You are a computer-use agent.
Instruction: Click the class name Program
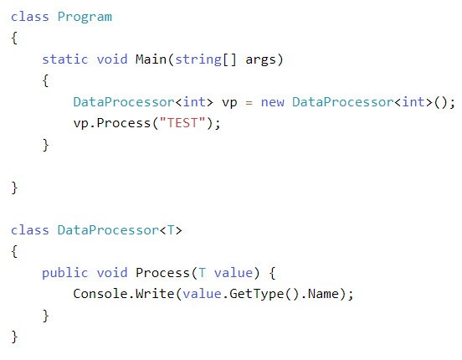pos(85,17)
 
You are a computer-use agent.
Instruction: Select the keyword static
pos(65,59)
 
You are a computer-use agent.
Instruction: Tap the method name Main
pos(151,59)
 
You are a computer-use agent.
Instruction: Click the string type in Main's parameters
pos(198,59)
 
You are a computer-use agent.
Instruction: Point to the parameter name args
pos(261,60)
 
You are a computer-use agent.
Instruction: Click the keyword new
pos(273,102)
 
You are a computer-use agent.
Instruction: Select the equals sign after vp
pos(249,103)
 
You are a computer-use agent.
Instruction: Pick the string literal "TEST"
pos(182,123)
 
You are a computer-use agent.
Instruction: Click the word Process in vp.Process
pos(124,123)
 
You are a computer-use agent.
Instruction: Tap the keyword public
pos(64,273)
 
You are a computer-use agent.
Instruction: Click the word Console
pos(100,294)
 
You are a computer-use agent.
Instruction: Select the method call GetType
pos(256,294)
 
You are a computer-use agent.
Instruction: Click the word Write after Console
pos(155,294)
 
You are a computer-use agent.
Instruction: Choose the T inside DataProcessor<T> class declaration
pos(171,230)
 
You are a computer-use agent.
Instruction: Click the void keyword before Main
pos(112,59)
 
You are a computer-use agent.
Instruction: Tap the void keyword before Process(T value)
pos(112,273)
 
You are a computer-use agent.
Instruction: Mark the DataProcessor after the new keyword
pos(343,102)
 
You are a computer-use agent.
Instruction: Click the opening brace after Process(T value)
pos(272,273)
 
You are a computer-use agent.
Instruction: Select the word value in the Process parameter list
pos(234,273)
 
